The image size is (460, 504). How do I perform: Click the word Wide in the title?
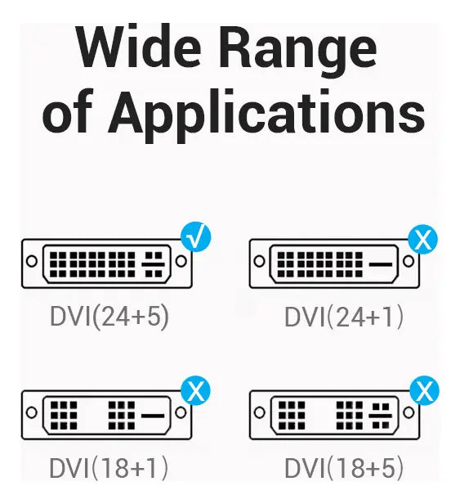(x=140, y=46)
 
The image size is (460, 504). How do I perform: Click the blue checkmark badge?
(x=196, y=236)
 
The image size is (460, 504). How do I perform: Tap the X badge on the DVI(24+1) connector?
(x=422, y=239)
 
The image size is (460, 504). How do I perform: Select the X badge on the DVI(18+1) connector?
(x=195, y=390)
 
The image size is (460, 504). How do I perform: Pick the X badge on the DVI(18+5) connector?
(x=424, y=390)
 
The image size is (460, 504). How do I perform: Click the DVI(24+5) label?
(x=109, y=317)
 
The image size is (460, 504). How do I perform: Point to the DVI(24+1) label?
(x=344, y=317)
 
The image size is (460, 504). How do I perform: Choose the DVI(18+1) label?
(x=109, y=468)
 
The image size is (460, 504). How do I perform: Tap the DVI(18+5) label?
(x=344, y=468)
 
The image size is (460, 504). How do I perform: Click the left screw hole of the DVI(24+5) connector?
(x=32, y=261)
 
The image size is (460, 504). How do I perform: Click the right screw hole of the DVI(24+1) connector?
(x=409, y=261)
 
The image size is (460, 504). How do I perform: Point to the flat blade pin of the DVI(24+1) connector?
(x=380, y=264)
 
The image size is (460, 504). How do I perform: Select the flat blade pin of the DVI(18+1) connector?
(x=153, y=416)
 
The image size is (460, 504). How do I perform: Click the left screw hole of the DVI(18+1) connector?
(x=32, y=412)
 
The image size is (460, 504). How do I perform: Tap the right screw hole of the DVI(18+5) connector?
(x=409, y=412)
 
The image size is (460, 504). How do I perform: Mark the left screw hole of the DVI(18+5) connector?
(x=259, y=412)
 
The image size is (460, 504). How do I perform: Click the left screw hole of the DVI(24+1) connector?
(x=259, y=261)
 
